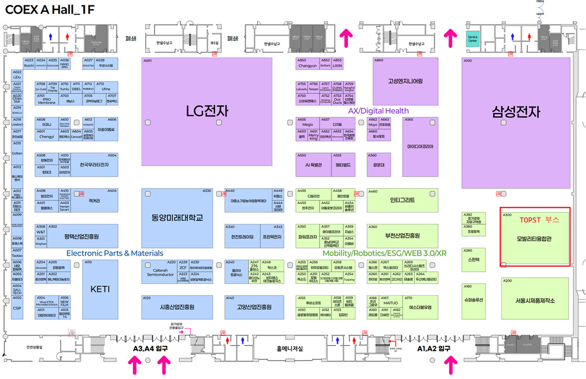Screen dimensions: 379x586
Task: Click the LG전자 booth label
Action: [x=206, y=111]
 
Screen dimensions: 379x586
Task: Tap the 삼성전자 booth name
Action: [x=515, y=112]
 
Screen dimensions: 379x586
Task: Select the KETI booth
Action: [x=100, y=289]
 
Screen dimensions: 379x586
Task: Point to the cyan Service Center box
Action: [x=473, y=40]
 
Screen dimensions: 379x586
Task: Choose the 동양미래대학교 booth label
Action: [x=177, y=218]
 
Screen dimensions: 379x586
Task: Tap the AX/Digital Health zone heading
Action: [x=378, y=111]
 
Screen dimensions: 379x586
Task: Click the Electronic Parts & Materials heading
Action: [x=115, y=253]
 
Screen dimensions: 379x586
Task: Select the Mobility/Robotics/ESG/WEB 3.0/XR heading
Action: [x=384, y=253]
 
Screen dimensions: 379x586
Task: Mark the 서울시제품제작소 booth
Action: [x=535, y=300]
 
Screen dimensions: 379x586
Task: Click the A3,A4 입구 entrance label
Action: [x=149, y=348]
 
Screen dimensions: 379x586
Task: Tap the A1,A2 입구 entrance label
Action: [x=433, y=348]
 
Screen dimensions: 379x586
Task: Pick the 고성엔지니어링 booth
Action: [x=405, y=82]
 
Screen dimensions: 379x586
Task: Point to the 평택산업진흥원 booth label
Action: [x=82, y=237]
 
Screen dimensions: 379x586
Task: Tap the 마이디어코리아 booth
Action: [x=420, y=147]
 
